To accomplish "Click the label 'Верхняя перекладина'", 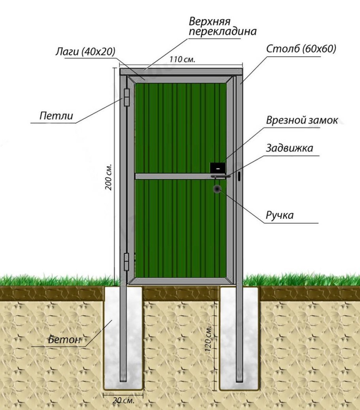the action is coord(222,27).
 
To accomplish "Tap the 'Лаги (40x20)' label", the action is coord(85,51).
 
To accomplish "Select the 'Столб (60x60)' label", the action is coord(301,49).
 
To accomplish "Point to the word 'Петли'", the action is coord(56,116).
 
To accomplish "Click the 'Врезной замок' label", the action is coord(302,120).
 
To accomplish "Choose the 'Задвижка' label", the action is coord(289,148).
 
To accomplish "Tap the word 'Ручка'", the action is coord(280,215).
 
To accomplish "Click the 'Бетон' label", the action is coord(64,339).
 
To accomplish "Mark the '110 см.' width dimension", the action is coord(182,59).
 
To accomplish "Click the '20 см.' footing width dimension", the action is coord(123,400).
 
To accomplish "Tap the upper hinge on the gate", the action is coord(127,97).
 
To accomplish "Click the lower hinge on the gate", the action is coord(127,261).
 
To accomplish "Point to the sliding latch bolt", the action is coord(221,177).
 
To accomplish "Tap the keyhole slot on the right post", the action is coord(239,177).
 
